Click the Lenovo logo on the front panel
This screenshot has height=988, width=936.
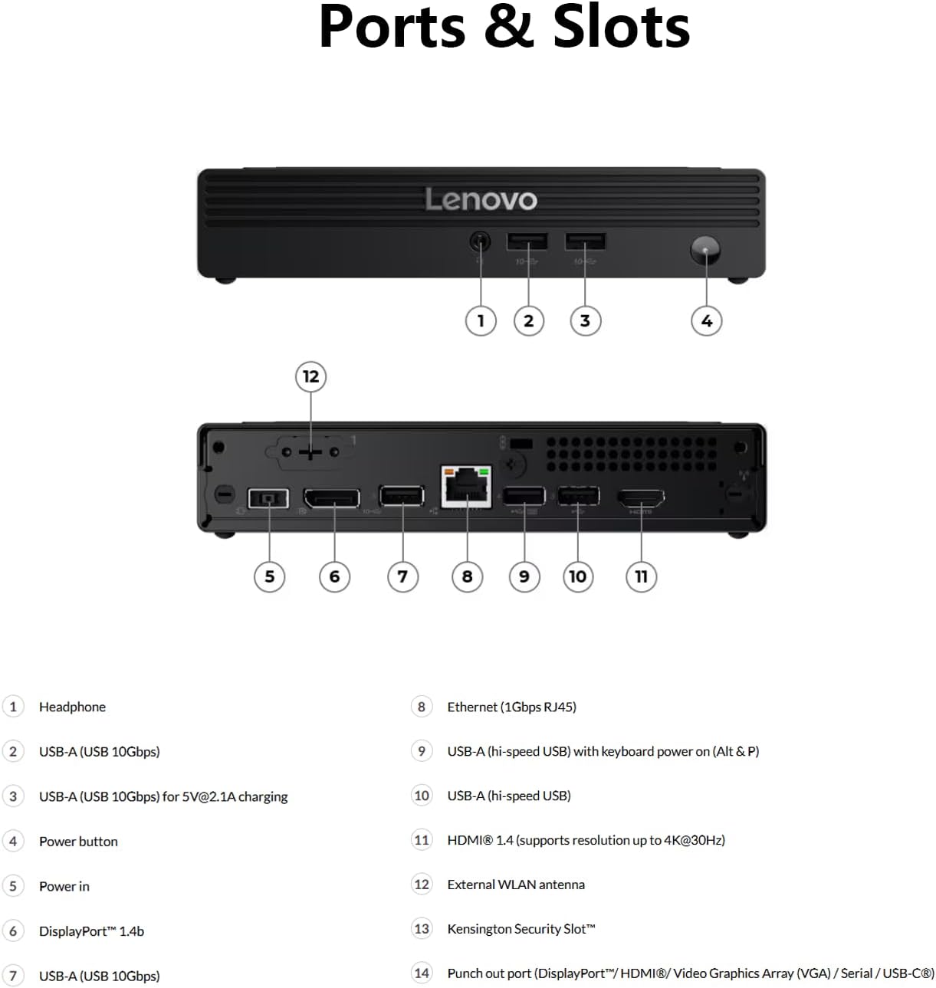click(481, 199)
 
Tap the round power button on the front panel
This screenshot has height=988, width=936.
click(705, 251)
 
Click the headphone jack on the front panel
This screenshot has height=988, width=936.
click(480, 241)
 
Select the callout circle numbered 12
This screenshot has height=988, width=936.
click(310, 376)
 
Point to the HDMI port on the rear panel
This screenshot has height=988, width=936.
click(642, 498)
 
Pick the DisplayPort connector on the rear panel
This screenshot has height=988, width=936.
click(332, 498)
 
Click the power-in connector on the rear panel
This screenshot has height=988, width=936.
click(268, 499)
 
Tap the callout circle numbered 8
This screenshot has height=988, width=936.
click(467, 576)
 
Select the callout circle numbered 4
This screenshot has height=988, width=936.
click(706, 320)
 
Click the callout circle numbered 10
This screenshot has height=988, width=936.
click(577, 576)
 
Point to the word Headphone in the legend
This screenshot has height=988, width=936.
click(72, 707)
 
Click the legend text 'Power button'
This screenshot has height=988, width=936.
click(78, 842)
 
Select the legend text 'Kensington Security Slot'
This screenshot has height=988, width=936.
click(521, 929)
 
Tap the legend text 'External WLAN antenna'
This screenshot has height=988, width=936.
click(516, 885)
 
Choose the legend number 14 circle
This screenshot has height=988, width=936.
click(422, 973)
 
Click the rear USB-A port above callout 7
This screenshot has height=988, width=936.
click(402, 496)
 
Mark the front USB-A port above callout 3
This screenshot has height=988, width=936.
click(585, 241)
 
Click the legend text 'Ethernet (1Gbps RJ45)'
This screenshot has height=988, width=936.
click(511, 707)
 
